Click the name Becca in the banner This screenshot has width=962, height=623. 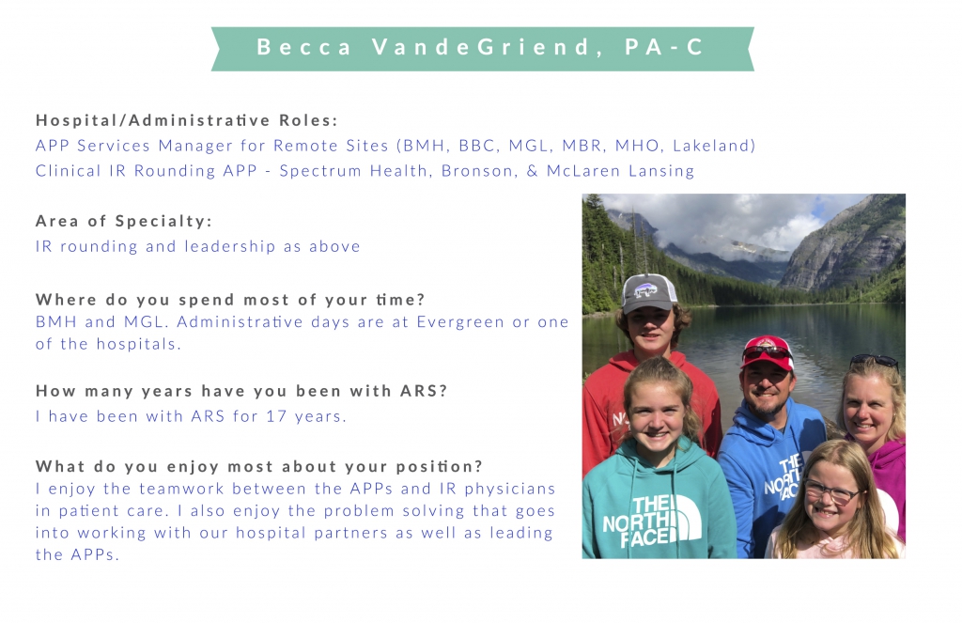coord(303,47)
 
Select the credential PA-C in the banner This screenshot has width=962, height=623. coord(664,47)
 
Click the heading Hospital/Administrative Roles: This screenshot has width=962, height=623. coord(187,120)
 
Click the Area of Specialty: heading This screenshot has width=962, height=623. coord(124,221)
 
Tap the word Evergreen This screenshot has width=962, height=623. coord(460,322)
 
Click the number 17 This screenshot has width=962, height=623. coord(277,416)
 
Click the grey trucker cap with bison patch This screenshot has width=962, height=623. coord(648,293)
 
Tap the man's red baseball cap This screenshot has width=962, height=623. coord(768,352)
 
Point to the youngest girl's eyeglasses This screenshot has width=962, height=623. coord(831,491)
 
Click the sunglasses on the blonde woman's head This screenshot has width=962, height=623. coord(875,361)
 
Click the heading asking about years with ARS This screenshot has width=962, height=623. coord(241,391)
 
